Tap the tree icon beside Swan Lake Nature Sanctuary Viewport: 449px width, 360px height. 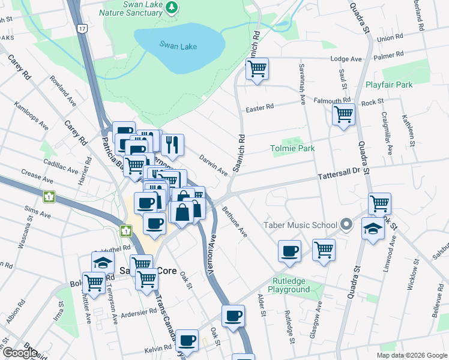172,7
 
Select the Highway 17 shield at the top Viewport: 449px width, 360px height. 82,28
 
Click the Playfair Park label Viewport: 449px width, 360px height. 388,85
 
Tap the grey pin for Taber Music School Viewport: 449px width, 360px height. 346,225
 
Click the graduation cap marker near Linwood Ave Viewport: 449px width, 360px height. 373,229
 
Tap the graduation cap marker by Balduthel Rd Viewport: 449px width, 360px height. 103,262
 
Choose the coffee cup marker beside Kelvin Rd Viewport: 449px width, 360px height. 187,340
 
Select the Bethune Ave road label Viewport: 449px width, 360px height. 235,221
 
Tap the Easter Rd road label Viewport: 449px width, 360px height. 260,107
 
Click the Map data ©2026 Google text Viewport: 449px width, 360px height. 411,355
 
